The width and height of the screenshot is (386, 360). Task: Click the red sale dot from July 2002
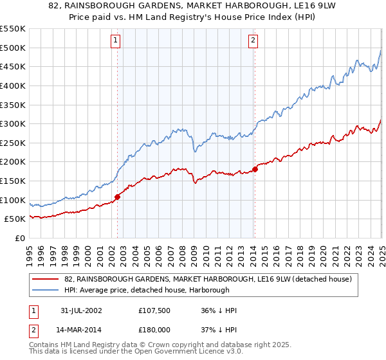click(118, 197)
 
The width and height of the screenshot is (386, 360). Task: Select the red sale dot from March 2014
click(255, 169)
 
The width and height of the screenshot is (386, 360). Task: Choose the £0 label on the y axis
click(19, 238)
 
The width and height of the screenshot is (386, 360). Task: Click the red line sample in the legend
click(46, 280)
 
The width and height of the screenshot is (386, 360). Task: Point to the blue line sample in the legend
click(46, 291)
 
